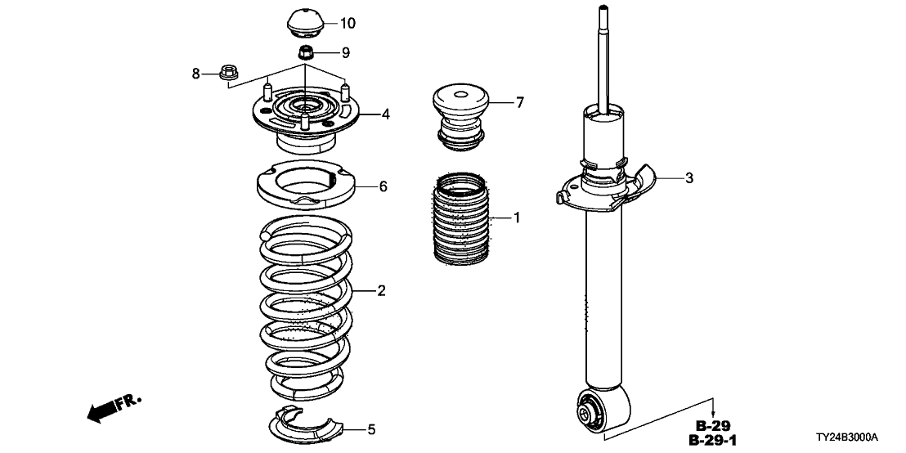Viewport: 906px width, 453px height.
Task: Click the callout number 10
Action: pyautogui.click(x=348, y=22)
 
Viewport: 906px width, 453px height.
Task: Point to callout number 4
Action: pyautogui.click(x=385, y=114)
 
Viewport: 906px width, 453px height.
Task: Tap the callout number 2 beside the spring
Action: pyautogui.click(x=381, y=290)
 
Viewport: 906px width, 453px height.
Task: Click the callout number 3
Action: pyautogui.click(x=689, y=178)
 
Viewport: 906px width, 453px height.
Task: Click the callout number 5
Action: pyautogui.click(x=371, y=428)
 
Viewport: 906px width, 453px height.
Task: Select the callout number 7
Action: pyautogui.click(x=518, y=102)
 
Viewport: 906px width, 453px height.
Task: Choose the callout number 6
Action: pyautogui.click(x=382, y=186)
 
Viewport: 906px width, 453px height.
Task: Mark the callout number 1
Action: pyautogui.click(x=517, y=218)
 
